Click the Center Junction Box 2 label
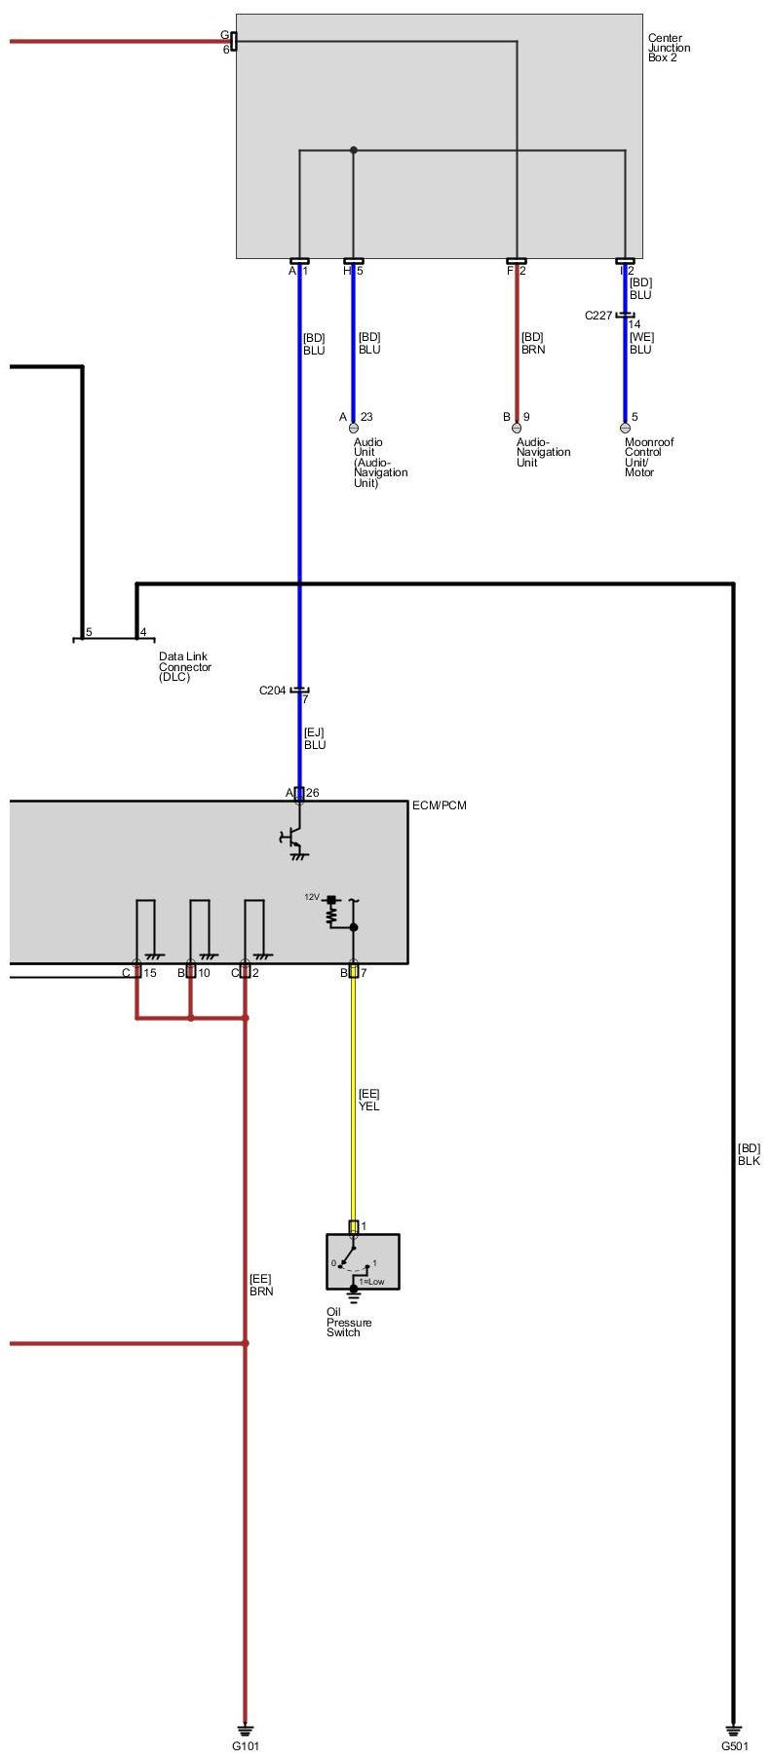point(669,48)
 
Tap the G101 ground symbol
point(245,1728)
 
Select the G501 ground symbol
point(733,1728)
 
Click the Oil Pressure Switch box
point(363,1263)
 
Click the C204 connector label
point(272,691)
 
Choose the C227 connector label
point(598,316)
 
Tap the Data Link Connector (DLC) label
point(185,667)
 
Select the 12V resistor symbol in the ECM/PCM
point(330,912)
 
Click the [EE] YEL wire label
point(368,1100)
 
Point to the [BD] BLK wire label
point(749,1154)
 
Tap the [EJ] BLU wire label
point(314,738)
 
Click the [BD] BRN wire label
point(532,343)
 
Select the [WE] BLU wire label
point(640,343)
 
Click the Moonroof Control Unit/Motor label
point(648,457)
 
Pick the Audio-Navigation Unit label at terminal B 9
point(543,452)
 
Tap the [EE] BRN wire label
point(260,1285)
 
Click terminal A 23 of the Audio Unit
point(354,427)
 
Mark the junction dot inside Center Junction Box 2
point(354,150)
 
